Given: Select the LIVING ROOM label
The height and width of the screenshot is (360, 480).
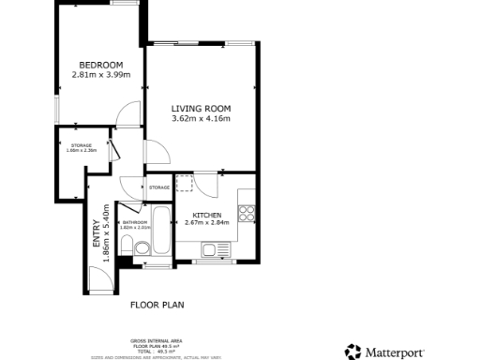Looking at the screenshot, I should tap(201, 108).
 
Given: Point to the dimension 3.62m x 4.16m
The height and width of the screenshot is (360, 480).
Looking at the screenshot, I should tap(201, 119).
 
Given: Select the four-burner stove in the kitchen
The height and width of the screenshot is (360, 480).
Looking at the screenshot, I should tap(247, 215).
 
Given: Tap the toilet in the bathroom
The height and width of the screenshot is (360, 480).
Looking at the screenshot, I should tap(142, 249).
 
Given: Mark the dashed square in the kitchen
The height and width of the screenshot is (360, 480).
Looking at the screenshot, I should tap(185, 182).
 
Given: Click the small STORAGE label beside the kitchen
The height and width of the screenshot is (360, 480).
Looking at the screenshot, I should tap(158, 187).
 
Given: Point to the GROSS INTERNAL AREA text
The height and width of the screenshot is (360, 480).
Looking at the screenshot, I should tap(157, 340).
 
